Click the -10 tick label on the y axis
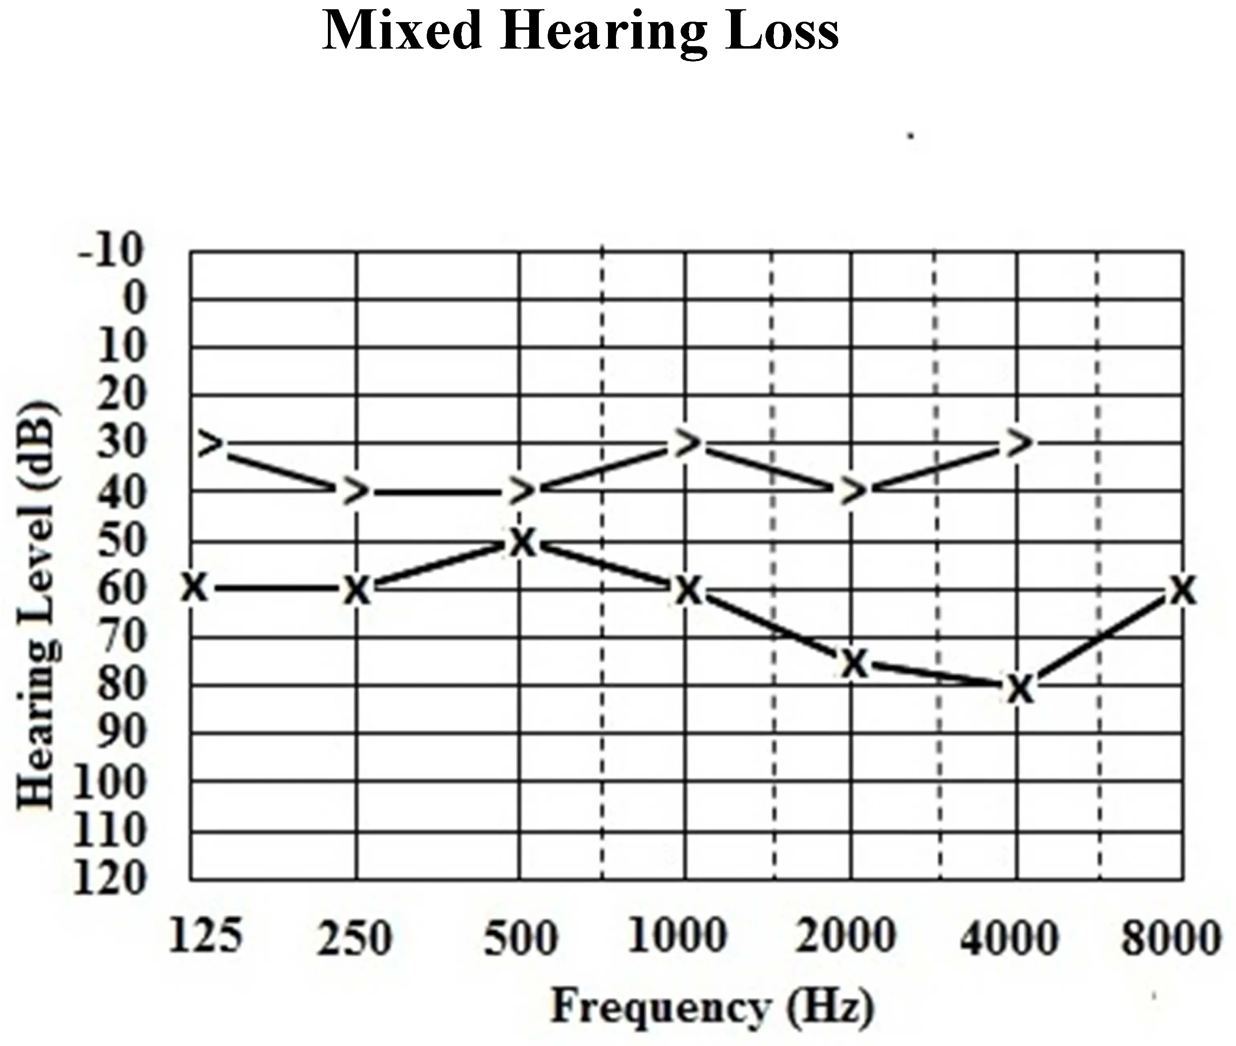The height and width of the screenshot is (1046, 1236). tap(111, 249)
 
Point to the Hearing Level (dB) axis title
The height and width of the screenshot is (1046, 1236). tap(39, 605)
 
